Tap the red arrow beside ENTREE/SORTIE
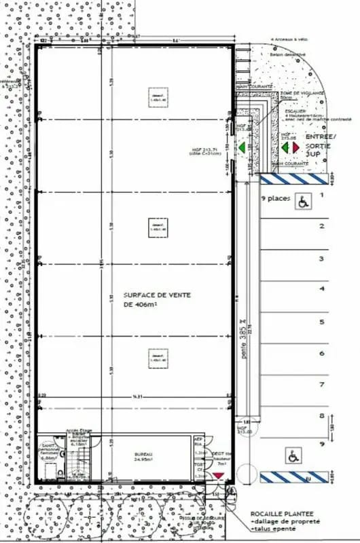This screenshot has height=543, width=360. pyautogui.click(x=295, y=147)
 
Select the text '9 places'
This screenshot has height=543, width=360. pyautogui.click(x=276, y=200)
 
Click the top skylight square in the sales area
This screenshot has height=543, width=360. pyautogui.click(x=158, y=98)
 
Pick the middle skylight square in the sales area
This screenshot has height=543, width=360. pyautogui.click(x=158, y=227)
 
